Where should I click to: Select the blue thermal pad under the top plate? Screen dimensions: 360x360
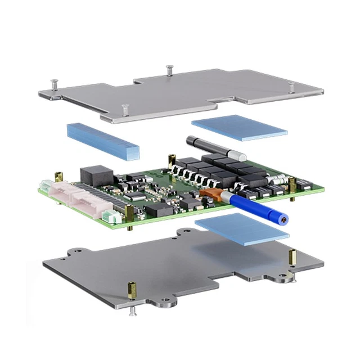(x=238, y=127)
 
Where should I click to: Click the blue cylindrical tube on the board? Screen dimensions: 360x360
(x=255, y=208)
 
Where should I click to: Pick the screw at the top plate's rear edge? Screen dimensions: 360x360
(x=169, y=70)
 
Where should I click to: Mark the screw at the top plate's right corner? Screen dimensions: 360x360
(x=291, y=86)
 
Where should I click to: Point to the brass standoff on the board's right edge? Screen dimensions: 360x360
(x=292, y=186)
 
